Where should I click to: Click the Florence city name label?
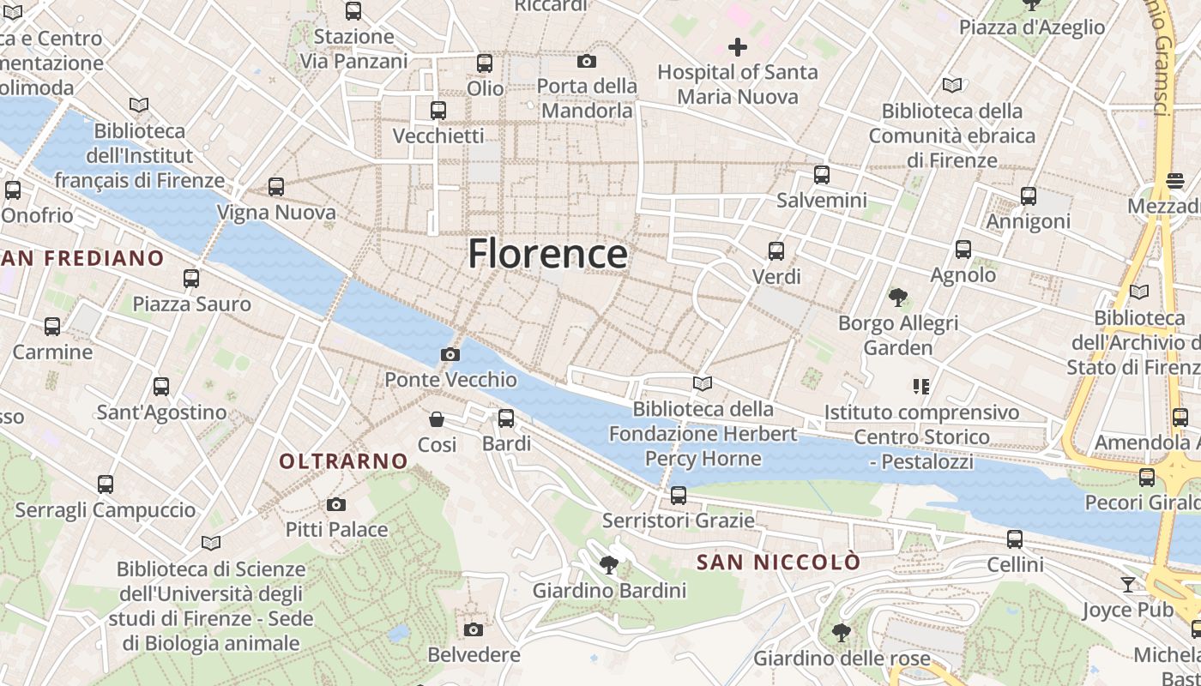(x=547, y=254)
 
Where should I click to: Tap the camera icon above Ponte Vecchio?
(x=450, y=354)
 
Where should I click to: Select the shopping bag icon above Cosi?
(x=437, y=419)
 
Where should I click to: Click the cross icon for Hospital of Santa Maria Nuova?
(x=737, y=47)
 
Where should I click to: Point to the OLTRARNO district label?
(x=343, y=461)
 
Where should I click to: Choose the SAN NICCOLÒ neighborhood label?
(x=778, y=563)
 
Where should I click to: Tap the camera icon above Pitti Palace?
(x=336, y=504)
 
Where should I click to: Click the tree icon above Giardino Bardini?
(x=609, y=564)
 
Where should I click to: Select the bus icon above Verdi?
(x=776, y=251)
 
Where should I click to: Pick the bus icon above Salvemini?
(x=822, y=175)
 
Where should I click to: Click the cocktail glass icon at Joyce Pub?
(x=1128, y=585)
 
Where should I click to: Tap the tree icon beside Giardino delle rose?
(x=842, y=633)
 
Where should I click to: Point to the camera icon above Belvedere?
(x=473, y=630)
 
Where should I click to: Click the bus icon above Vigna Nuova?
(x=275, y=187)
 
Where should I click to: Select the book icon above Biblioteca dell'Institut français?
(x=139, y=105)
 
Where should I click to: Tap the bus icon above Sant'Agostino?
(x=161, y=387)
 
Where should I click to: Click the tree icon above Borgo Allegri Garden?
(x=898, y=298)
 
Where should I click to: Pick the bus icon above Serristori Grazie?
(x=679, y=496)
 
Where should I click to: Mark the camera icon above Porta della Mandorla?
(x=587, y=61)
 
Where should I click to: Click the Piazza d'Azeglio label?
(x=1032, y=27)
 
